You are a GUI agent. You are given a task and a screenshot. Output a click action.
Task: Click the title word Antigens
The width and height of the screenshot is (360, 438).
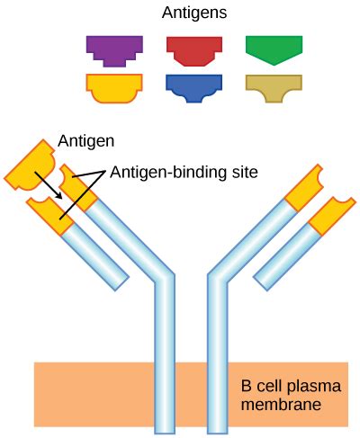click(x=193, y=13)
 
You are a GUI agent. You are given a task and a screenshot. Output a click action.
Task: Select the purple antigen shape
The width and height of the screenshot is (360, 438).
click(x=114, y=50)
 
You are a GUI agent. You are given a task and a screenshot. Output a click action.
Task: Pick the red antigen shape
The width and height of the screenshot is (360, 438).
click(x=194, y=50)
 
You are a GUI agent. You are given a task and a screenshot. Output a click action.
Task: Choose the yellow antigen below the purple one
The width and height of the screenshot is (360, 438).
click(x=114, y=86)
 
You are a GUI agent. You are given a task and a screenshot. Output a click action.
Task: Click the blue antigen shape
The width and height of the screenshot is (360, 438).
click(x=194, y=86)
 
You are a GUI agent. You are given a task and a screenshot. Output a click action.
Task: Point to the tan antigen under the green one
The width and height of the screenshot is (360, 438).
click(x=274, y=86)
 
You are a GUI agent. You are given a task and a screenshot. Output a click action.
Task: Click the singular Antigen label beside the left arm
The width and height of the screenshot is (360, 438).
click(x=85, y=141)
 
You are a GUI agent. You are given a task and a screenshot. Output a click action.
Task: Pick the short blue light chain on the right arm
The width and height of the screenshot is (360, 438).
click(x=279, y=261)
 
